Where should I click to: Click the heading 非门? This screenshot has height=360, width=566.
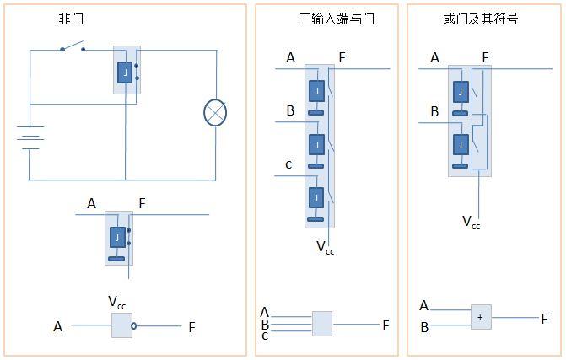pyautogui.click(x=72, y=18)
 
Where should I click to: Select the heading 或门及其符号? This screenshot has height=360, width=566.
pyautogui.click(x=480, y=18)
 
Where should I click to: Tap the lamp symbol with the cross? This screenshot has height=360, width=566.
pyautogui.click(x=215, y=113)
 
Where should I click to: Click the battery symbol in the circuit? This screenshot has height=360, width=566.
pyautogui.click(x=30, y=138)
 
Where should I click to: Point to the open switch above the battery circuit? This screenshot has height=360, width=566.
pyautogui.click(x=73, y=47)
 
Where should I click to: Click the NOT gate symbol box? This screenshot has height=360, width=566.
pyautogui.click(x=121, y=325)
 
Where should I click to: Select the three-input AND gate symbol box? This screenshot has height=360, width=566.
pyautogui.click(x=321, y=324)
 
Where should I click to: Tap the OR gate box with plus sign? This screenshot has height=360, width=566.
pyautogui.click(x=481, y=317)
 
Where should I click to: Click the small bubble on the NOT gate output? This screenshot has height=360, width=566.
pyautogui.click(x=133, y=325)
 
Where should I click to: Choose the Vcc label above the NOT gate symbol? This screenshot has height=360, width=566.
pyautogui.click(x=117, y=302)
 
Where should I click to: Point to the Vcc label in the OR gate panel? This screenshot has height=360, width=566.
pyautogui.click(x=472, y=222)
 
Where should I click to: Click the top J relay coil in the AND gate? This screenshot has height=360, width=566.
pyautogui.click(x=316, y=91)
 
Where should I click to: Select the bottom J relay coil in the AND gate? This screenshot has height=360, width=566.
pyautogui.click(x=316, y=197)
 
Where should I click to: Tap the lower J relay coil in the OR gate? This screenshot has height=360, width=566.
pyautogui.click(x=461, y=145)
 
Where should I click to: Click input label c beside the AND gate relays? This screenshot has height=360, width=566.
pyautogui.click(x=288, y=164)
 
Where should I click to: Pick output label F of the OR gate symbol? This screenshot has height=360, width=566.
pyautogui.click(x=544, y=319)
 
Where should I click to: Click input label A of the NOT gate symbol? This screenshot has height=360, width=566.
pyautogui.click(x=58, y=326)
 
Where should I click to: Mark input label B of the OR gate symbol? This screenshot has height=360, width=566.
pyautogui.click(x=424, y=326)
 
